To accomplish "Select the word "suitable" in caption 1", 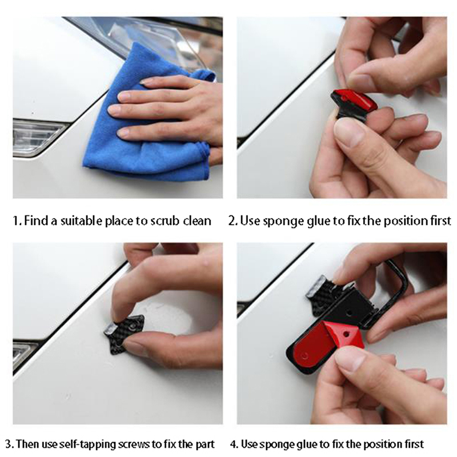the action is (82, 221).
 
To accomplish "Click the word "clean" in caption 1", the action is (197, 221).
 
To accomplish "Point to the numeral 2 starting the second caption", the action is (231, 221).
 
